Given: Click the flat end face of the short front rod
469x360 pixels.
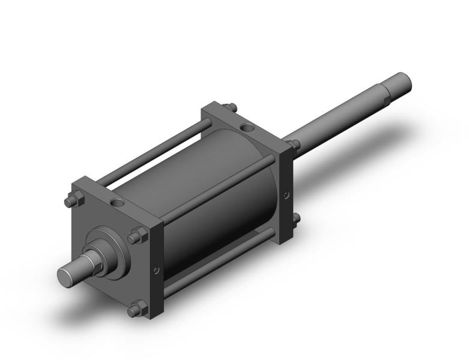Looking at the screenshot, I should click(66, 277).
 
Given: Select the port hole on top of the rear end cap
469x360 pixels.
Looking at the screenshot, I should click(247, 127).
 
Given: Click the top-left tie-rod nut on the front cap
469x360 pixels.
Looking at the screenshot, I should click(73, 201).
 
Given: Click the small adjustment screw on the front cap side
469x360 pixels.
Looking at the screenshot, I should click(157, 271).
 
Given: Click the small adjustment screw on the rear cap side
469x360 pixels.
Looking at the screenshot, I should click(287, 194).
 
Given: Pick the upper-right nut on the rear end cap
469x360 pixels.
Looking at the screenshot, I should click(293, 143).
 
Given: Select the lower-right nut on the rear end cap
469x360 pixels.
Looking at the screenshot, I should click(295, 220).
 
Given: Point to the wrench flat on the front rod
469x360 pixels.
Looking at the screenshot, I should click(89, 262).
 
